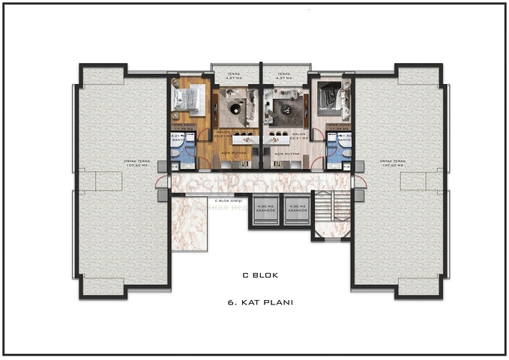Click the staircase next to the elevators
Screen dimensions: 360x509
pos(330,214)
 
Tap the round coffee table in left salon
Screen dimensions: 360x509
pos(235,109)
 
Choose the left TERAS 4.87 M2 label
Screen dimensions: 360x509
pos(235,74)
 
